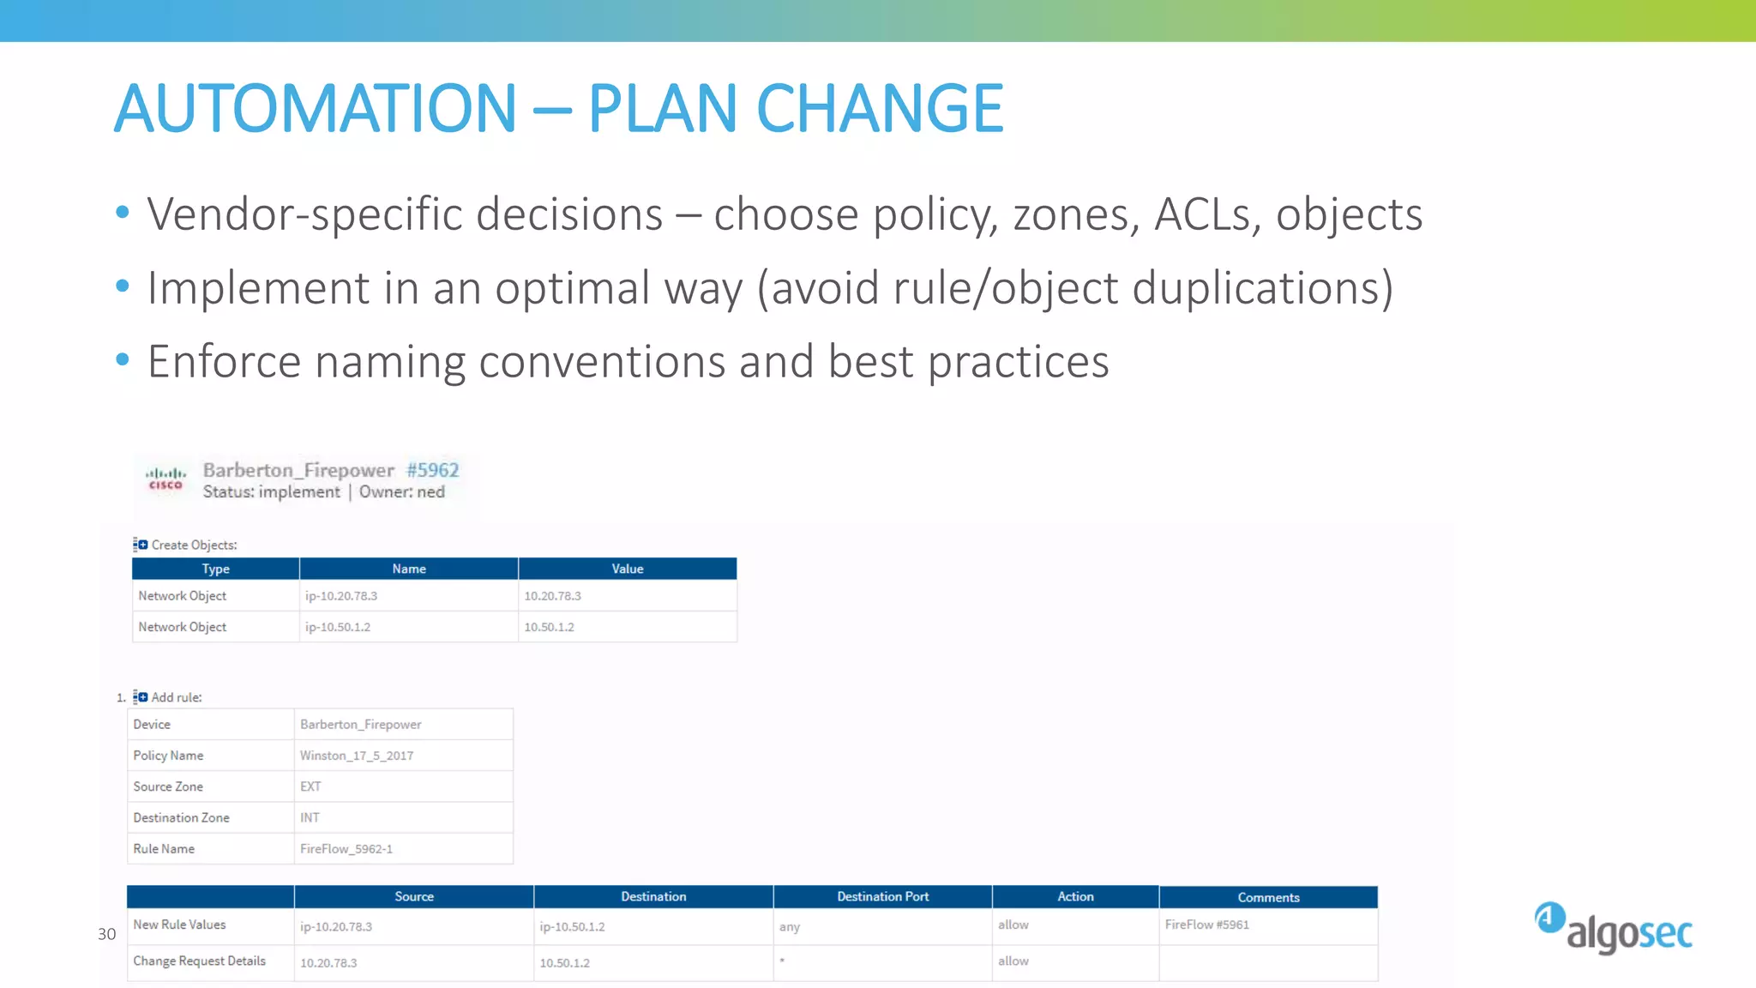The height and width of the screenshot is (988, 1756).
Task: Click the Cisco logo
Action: click(165, 479)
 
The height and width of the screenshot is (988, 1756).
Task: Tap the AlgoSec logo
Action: click(1613, 928)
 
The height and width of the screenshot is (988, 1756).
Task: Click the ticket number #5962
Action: click(432, 470)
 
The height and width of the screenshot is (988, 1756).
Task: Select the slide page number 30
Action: click(106, 934)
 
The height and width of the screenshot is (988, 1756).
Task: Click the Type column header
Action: click(215, 569)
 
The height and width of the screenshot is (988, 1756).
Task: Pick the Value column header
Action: click(627, 569)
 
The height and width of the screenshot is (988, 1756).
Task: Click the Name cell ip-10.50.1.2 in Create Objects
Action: click(338, 627)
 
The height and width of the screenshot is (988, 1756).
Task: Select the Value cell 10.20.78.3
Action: click(552, 596)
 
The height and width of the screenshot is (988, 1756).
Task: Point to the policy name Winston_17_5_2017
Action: click(357, 756)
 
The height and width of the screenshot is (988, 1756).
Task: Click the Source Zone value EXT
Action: click(310, 786)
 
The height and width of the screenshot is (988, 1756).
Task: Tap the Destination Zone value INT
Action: click(310, 818)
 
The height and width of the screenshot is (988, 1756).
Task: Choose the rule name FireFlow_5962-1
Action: click(346, 849)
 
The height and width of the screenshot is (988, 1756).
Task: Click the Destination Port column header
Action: click(882, 896)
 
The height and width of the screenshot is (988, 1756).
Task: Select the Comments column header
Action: click(1268, 897)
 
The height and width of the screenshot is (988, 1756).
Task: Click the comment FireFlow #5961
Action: click(1206, 925)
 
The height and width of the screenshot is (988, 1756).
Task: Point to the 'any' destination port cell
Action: click(790, 927)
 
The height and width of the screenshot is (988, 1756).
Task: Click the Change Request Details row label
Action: click(199, 961)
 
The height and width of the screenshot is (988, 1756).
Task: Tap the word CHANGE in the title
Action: click(879, 109)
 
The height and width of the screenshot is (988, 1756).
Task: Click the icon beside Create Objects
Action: click(140, 545)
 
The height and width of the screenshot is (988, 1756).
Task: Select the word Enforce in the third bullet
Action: click(223, 362)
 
